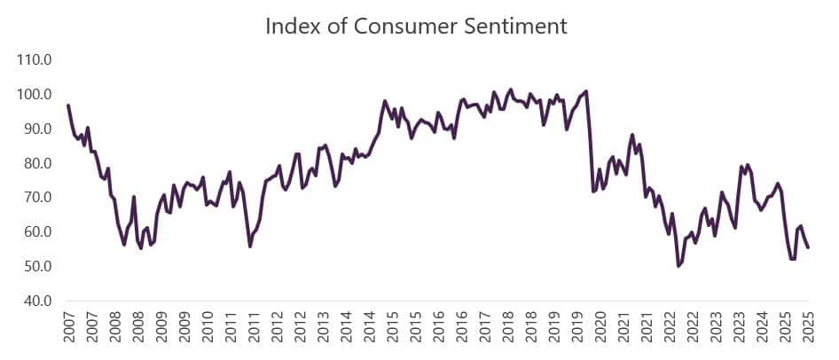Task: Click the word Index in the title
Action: (291, 27)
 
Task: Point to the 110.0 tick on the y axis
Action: (35, 60)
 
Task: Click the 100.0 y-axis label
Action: (35, 95)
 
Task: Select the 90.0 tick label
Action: (38, 129)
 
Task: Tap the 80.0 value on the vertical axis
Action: (38, 164)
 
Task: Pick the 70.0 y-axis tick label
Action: (38, 198)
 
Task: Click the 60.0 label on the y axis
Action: (38, 232)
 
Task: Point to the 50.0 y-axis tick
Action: (38, 267)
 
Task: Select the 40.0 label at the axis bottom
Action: (38, 301)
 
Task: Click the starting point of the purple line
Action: (68, 106)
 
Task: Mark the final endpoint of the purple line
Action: (808, 247)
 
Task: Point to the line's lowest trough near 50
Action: (678, 266)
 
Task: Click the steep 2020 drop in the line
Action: (590, 142)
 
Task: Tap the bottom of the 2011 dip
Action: (250, 246)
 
